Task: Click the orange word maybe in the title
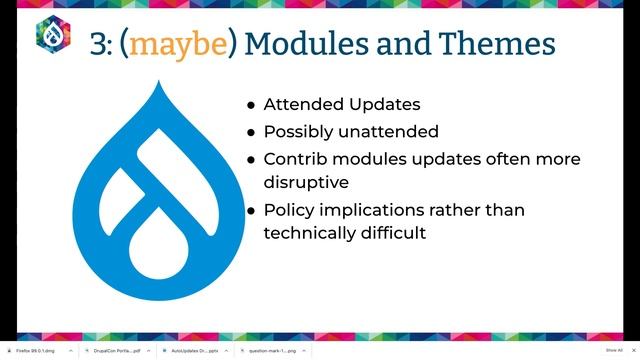coord(186,44)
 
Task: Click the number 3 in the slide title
coord(99,44)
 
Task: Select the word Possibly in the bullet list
coord(299,132)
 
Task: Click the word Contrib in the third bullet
coord(296,159)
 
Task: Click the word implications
coord(383,210)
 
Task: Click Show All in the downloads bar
coord(613,351)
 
